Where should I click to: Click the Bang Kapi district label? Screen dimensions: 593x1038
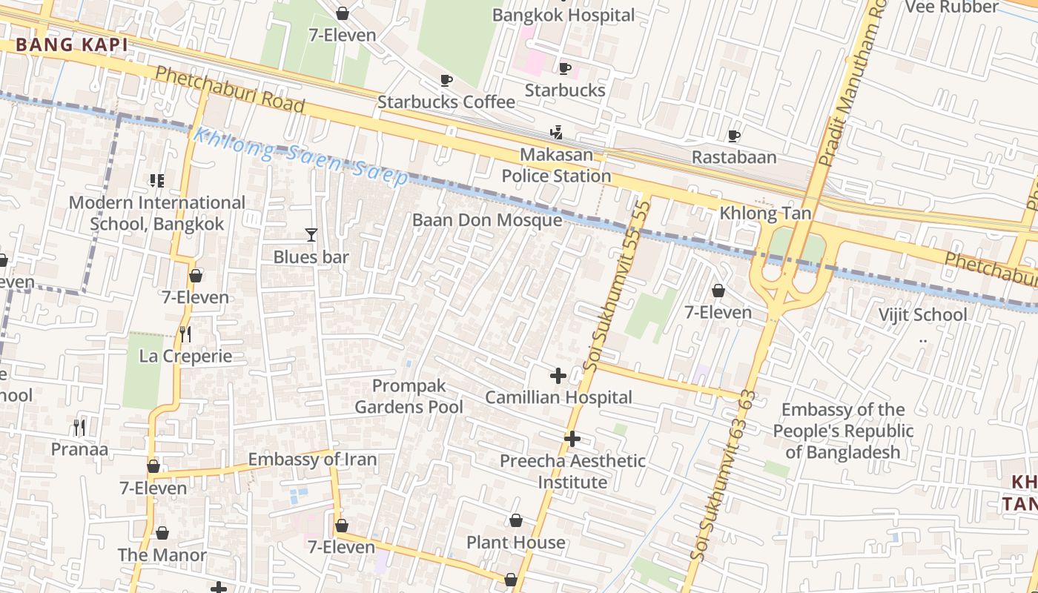[72, 45]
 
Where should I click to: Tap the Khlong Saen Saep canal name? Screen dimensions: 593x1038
[300, 156]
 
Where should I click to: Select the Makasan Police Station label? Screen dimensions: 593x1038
[556, 165]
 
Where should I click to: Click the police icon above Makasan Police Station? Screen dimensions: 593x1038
[556, 133]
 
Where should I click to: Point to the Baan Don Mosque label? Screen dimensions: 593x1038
[487, 220]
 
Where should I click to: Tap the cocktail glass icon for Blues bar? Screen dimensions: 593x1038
[311, 235]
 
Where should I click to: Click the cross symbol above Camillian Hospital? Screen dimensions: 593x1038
[558, 376]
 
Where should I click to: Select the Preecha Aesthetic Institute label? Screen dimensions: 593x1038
[572, 471]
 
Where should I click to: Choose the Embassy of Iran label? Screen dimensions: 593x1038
[312, 460]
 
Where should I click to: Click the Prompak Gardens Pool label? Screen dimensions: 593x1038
[409, 397]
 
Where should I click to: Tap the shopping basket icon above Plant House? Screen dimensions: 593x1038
[516, 521]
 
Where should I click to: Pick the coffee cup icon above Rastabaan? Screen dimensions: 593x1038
[734, 136]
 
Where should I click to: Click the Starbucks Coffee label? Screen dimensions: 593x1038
[446, 102]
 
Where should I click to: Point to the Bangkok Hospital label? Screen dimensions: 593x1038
[563, 15]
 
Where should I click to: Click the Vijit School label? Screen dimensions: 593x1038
[922, 315]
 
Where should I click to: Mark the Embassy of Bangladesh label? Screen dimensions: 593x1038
[843, 431]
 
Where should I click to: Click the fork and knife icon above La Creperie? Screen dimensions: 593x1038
[185, 334]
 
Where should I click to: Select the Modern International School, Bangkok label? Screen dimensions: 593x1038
[156, 213]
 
